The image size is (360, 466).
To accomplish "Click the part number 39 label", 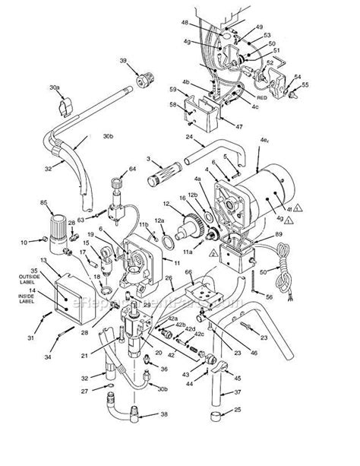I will pyautogui.click(x=123, y=62).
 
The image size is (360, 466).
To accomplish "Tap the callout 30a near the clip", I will pyautogui.click(x=55, y=87).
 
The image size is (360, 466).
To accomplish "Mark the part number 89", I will pyautogui.click(x=279, y=236).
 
